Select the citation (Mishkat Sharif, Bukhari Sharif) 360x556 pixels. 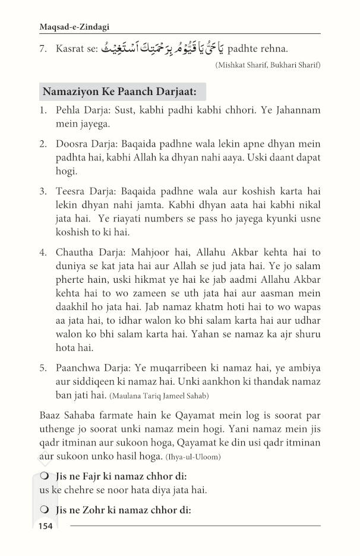pos(267,64)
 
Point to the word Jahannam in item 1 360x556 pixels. pos(295,111)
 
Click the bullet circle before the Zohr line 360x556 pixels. pos(44,510)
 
